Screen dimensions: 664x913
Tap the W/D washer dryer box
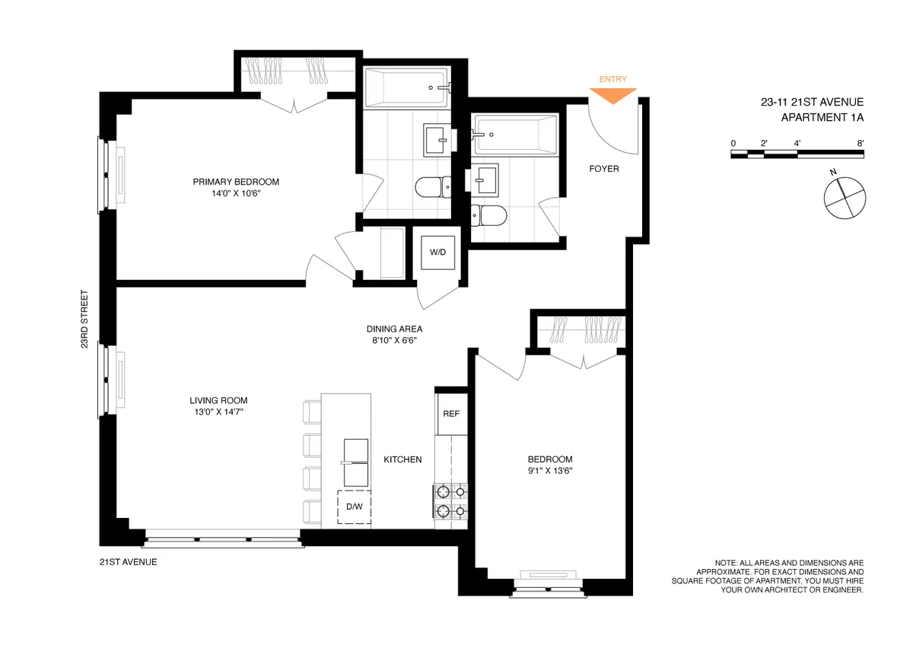point(437,252)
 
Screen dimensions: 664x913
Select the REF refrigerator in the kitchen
point(450,415)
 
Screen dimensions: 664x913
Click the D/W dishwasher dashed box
point(354,508)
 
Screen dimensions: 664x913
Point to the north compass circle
point(845,198)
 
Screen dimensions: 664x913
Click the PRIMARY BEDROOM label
point(236,182)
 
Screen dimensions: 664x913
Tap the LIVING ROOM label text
point(218,401)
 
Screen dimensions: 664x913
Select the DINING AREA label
point(394,329)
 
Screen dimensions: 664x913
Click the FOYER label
point(604,169)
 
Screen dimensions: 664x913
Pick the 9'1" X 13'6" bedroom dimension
point(550,471)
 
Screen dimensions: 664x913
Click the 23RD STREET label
point(86,319)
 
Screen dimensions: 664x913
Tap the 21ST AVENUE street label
point(128,562)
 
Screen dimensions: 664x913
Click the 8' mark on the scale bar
point(860,143)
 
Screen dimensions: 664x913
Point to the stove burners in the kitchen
point(450,501)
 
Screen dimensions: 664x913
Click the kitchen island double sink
point(355,462)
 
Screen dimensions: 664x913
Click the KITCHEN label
point(402,459)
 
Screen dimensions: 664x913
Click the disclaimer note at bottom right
point(768,576)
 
